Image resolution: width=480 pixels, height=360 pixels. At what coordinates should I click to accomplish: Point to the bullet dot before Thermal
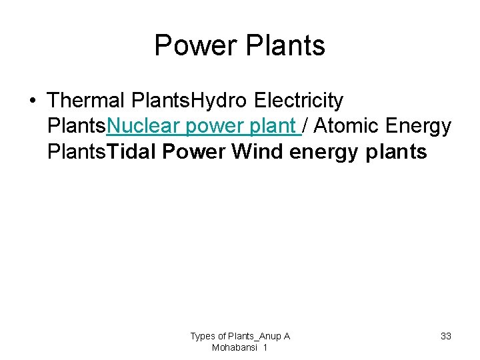(x=32, y=101)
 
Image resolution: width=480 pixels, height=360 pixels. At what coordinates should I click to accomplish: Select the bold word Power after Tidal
(x=194, y=151)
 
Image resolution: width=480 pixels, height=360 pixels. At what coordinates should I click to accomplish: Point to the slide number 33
(x=446, y=336)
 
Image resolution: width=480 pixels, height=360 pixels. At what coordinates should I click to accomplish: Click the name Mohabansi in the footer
(x=235, y=348)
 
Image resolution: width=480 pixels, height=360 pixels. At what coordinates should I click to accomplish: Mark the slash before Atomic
(x=305, y=126)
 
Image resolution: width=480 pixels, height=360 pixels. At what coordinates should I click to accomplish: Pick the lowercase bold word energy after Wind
(x=325, y=153)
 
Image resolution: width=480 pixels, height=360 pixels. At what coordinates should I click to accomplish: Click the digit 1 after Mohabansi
(x=265, y=348)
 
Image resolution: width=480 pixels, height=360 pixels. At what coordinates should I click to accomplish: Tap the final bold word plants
(x=397, y=153)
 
